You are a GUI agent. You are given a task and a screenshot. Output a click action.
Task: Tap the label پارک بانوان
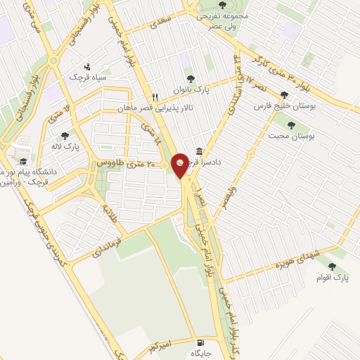[x=193, y=89]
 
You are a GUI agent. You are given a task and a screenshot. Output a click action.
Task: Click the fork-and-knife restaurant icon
[x=155, y=97]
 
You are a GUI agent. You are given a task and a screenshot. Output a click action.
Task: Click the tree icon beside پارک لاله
[x=65, y=136]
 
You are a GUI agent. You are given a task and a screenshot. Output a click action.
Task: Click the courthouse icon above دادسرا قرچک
[x=200, y=151]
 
